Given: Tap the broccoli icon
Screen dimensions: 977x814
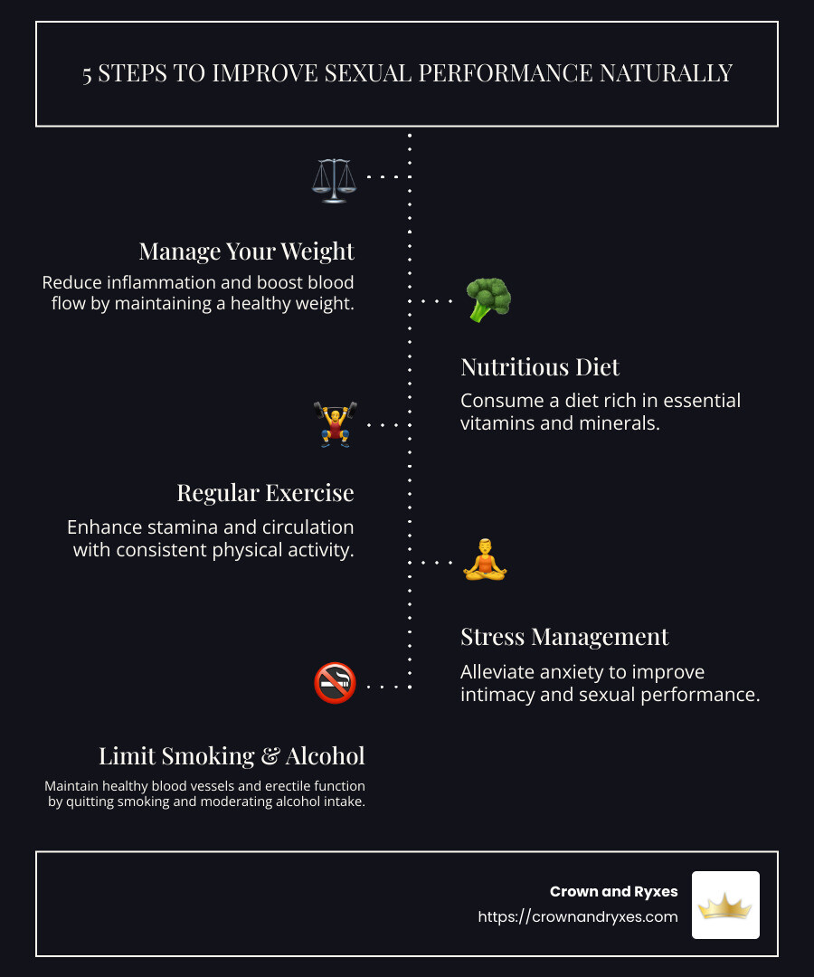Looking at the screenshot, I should tap(488, 300).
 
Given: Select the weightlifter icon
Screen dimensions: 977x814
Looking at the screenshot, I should tap(335, 424).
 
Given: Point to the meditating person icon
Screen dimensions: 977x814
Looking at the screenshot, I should tap(486, 560).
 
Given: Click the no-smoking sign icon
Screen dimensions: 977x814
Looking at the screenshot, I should tap(335, 683).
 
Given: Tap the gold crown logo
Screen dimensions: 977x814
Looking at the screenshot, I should tap(725, 905).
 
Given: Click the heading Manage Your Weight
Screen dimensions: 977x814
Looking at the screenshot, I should tap(246, 251).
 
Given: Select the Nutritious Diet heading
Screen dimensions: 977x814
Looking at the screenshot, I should tap(540, 366).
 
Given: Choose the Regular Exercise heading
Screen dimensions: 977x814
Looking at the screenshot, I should tap(265, 493).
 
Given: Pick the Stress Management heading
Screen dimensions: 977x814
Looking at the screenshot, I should tap(564, 637).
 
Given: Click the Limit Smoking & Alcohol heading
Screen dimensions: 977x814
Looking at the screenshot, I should tap(232, 755).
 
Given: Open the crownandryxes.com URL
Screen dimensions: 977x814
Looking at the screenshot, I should tap(578, 916).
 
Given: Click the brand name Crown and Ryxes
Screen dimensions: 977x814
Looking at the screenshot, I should tap(613, 891).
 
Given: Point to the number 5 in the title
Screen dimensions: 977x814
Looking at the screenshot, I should tap(88, 73).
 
